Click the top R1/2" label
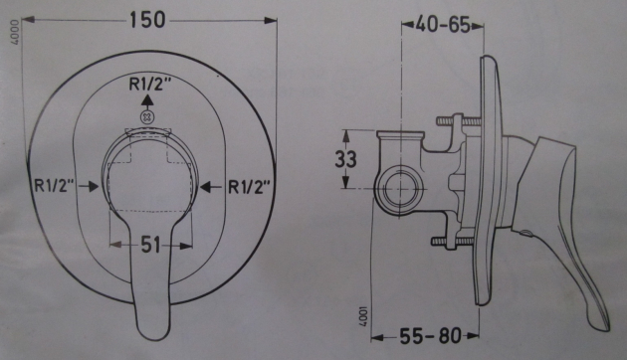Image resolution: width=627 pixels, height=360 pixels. (x=148, y=85)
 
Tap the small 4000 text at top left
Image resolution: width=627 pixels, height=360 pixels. (x=13, y=45)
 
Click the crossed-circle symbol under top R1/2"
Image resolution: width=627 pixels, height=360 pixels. (x=148, y=117)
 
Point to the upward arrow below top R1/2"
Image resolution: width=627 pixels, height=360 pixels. (x=148, y=101)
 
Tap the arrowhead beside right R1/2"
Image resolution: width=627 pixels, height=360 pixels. (x=205, y=185)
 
